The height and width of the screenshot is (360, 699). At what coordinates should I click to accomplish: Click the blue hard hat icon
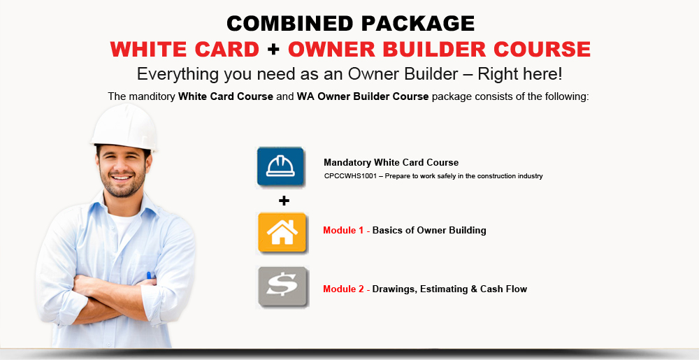coord(280,166)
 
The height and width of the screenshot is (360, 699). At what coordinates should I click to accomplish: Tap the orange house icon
coord(282,233)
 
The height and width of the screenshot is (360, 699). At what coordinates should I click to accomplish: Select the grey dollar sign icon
coord(282,287)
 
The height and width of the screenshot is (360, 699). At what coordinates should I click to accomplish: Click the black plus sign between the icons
coord(284,201)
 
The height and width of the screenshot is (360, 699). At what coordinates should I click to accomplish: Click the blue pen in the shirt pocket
coord(150,275)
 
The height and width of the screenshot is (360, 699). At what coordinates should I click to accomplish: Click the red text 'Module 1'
coord(343,231)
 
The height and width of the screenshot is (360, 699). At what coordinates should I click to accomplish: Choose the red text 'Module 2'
coord(343,289)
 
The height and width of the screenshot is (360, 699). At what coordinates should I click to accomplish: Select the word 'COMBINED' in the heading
coord(290,23)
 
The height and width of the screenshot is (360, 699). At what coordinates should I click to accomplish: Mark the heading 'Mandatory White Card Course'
coord(391,163)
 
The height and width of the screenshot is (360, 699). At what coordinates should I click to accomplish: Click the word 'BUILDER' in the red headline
coord(433,49)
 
